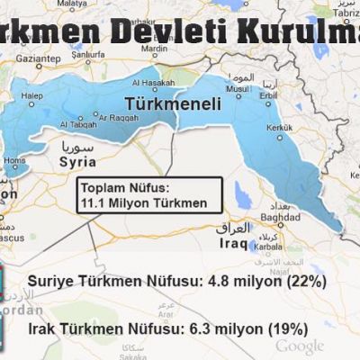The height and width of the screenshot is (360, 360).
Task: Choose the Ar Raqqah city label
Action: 118,117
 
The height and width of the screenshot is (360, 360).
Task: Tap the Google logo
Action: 300,346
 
